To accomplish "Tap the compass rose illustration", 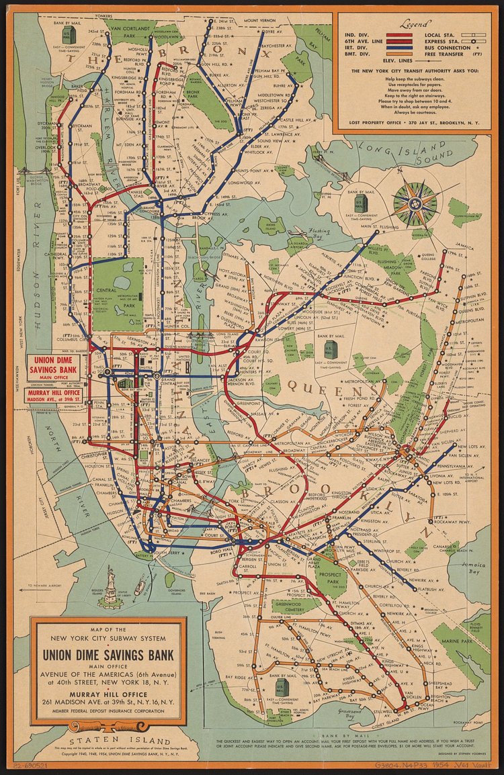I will [x=415, y=203].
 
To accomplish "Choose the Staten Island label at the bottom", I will [x=99, y=737].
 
